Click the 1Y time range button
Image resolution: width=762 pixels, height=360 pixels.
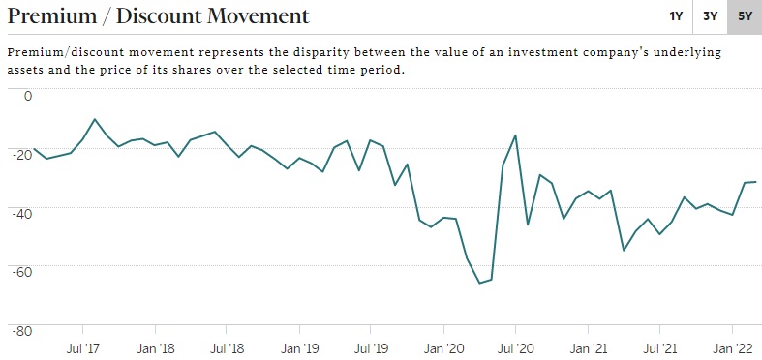tap(676, 16)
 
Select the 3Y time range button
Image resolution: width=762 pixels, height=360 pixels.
tap(710, 16)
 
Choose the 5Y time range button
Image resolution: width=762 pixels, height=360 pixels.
tap(745, 16)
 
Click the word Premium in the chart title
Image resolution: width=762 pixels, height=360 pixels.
tap(52, 16)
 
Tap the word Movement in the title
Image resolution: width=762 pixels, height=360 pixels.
tap(259, 16)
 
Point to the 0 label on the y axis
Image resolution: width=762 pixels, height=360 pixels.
tap(28, 96)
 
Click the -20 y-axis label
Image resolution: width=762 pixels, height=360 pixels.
tap(22, 155)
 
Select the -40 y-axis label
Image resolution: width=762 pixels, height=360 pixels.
tap(22, 213)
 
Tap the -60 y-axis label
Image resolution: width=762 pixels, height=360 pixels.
tap(22, 272)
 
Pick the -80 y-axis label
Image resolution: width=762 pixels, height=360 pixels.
tap(22, 331)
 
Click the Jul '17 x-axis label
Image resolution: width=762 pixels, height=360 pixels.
tap(82, 348)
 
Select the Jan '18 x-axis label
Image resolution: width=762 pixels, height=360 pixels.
tap(155, 348)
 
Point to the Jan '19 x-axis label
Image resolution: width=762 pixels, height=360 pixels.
tap(300, 348)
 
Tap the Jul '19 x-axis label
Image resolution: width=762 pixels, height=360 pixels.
tap(371, 348)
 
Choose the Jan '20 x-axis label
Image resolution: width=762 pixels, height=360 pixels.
tap(444, 348)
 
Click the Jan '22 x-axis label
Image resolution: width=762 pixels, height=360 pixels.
tap(732, 348)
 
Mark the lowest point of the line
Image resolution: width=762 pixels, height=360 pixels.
tap(479, 283)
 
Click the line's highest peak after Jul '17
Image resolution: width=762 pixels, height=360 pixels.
tap(515, 135)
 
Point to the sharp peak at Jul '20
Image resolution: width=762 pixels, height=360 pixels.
tap(515, 135)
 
